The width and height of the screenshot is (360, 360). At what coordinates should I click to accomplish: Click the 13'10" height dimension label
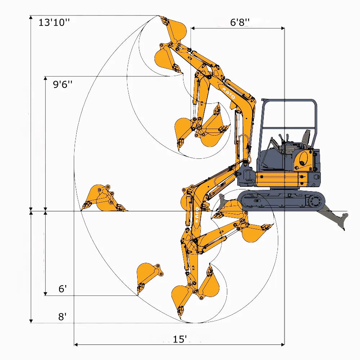tap(54, 22)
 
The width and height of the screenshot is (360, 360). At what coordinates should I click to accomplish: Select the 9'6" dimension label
tap(63, 85)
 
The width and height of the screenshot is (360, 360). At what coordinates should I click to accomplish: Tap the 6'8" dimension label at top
tap(240, 22)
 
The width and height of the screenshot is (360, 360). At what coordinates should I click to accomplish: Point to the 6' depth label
tap(63, 289)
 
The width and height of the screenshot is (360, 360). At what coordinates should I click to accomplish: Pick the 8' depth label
tap(63, 317)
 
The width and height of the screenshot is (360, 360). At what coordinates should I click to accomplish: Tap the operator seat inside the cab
tap(305, 139)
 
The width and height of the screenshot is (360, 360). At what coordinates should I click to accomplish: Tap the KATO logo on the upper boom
tap(229, 93)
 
